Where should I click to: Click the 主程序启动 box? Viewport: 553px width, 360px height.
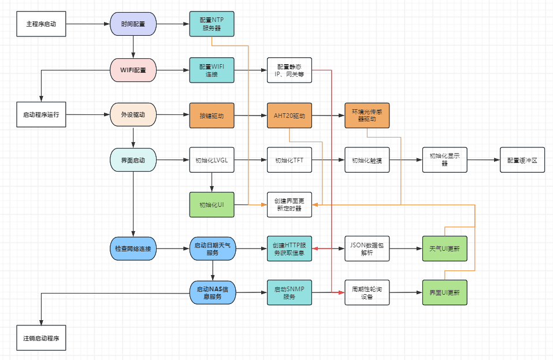(x=41, y=24)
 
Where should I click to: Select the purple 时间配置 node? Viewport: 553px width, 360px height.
(x=133, y=24)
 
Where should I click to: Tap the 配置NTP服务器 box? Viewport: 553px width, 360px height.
(x=211, y=24)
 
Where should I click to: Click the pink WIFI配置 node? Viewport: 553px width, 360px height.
(x=133, y=70)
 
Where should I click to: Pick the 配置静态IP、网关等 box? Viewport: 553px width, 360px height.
(x=289, y=70)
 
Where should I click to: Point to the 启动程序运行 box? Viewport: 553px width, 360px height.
(x=41, y=114)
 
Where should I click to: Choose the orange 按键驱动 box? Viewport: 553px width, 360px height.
(x=211, y=116)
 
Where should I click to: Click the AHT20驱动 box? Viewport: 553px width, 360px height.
(x=289, y=116)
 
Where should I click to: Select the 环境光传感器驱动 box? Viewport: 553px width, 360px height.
(x=367, y=116)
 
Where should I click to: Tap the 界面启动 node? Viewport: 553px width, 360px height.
(x=133, y=160)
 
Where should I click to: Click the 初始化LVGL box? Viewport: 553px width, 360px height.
(x=211, y=159)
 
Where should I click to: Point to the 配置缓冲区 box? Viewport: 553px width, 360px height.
(x=522, y=159)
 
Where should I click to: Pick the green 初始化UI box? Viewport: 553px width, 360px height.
(x=211, y=205)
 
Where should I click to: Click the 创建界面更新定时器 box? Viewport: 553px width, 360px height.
(x=289, y=205)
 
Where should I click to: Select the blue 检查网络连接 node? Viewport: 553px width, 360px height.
(x=133, y=248)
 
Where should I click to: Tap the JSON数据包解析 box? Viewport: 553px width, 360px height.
(x=367, y=248)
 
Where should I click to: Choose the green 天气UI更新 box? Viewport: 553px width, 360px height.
(x=445, y=248)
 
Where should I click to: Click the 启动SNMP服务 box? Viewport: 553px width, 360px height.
(x=289, y=292)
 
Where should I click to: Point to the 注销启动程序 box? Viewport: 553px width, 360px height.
(x=41, y=338)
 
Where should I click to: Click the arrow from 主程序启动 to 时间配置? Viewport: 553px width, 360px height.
(x=88, y=24)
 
